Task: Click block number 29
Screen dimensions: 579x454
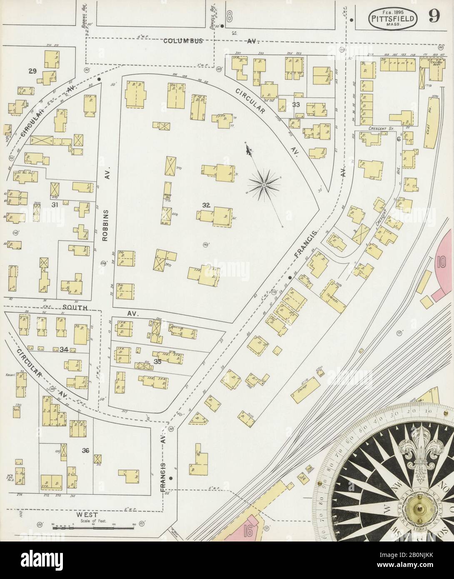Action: pos(32,71)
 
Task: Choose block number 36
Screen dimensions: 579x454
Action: pos(86,450)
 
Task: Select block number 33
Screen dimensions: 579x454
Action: pos(296,104)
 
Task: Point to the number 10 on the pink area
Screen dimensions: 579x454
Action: pos(442,263)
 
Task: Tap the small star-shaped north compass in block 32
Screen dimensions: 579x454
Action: pos(264,183)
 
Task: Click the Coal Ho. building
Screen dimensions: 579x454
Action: pos(431,122)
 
